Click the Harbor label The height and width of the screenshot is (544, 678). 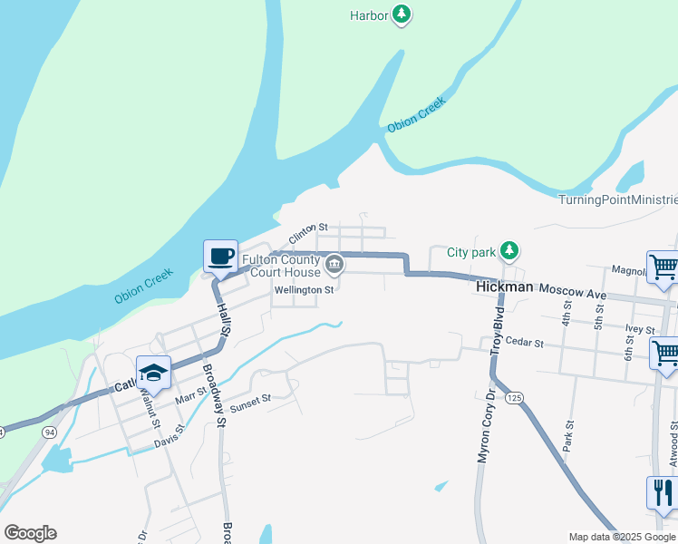coord(369,15)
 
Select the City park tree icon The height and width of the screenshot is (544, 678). coord(510,250)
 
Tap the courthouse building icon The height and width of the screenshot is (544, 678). coord(334,266)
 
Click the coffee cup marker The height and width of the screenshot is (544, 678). coord(220,257)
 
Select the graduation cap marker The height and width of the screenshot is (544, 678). coord(153,373)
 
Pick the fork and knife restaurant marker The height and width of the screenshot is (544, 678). coord(663,493)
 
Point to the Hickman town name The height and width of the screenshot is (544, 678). coord(505,287)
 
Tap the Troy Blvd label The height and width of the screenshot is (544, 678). coord(498,331)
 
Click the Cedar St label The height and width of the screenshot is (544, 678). coord(526,344)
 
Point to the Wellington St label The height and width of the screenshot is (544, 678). coord(305,290)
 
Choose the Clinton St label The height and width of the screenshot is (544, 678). coord(307,232)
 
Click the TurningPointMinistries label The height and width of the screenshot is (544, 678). coord(617,199)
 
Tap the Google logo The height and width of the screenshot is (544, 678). coord(30,533)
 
